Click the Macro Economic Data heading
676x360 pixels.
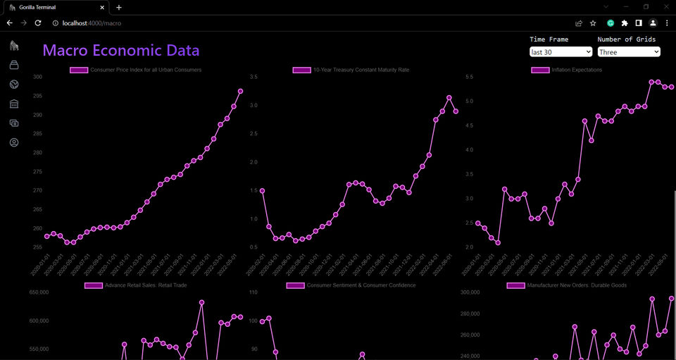click(120, 51)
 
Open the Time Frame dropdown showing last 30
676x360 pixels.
click(561, 52)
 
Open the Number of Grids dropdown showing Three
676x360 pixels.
click(629, 52)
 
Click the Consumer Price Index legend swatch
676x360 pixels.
click(79, 70)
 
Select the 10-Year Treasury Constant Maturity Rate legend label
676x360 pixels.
click(361, 70)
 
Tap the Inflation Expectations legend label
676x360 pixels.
click(577, 70)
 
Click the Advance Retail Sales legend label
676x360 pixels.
click(146, 285)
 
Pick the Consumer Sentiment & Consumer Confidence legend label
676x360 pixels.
click(361, 285)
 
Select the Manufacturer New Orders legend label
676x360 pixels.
click(577, 285)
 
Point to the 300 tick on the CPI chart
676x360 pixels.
click(37, 77)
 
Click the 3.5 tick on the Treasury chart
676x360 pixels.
click(254, 77)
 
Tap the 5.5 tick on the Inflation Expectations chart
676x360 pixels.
click(469, 77)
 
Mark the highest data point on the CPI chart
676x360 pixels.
click(240, 91)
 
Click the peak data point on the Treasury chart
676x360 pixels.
click(449, 98)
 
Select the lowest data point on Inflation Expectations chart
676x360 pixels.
click(498, 243)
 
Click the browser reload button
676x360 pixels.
click(38, 23)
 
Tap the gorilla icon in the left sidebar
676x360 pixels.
click(14, 46)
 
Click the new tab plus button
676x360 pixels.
click(118, 7)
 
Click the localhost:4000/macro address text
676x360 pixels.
click(92, 23)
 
